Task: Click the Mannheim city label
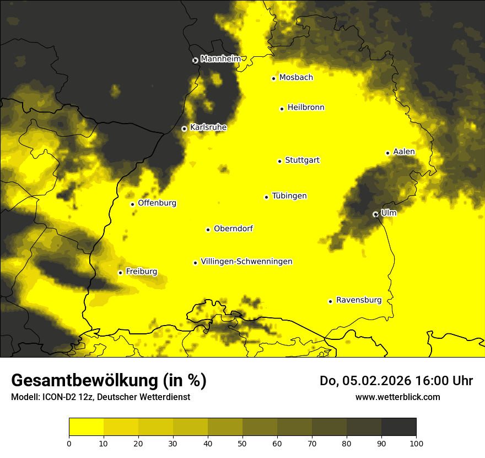pyautogui.click(x=220, y=59)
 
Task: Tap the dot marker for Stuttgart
pyautogui.click(x=279, y=161)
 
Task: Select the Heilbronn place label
pyautogui.click(x=306, y=108)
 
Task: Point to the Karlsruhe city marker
pyautogui.click(x=184, y=129)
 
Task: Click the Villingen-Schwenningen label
pyautogui.click(x=246, y=262)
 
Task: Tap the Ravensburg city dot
pyautogui.click(x=330, y=301)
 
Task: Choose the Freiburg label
pyautogui.click(x=141, y=271)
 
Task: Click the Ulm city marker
pyautogui.click(x=375, y=214)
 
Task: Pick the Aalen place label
pyautogui.click(x=404, y=152)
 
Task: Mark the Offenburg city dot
pyautogui.click(x=132, y=204)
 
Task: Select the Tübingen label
pyautogui.click(x=289, y=196)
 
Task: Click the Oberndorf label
pyautogui.click(x=233, y=228)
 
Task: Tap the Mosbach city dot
pyautogui.click(x=273, y=78)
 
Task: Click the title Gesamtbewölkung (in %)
pyautogui.click(x=109, y=381)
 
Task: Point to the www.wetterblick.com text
pyautogui.click(x=397, y=397)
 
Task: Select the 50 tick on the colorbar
pyautogui.click(x=242, y=443)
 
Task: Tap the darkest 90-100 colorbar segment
pyautogui.click(x=398, y=427)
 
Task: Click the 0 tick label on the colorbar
pyautogui.click(x=69, y=443)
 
